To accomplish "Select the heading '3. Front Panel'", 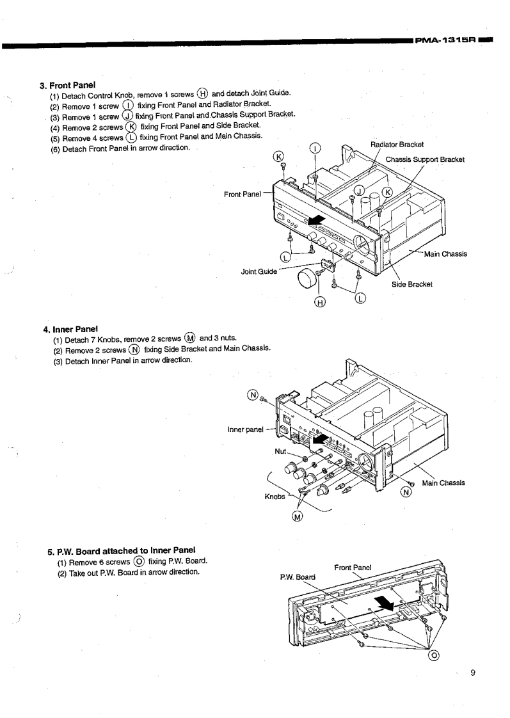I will pos(68,84).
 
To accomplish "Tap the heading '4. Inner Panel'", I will pos(70,330).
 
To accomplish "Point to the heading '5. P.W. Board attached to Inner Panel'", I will pos(122,550).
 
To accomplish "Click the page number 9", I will pos(472,672).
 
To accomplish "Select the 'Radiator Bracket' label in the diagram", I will pos(397,143).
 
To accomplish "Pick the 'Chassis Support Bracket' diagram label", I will pos(425,159).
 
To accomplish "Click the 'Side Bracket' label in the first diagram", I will pos(412,284).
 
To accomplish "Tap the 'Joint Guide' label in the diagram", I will pos(259,271).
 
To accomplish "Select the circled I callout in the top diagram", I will pos(315,149).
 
